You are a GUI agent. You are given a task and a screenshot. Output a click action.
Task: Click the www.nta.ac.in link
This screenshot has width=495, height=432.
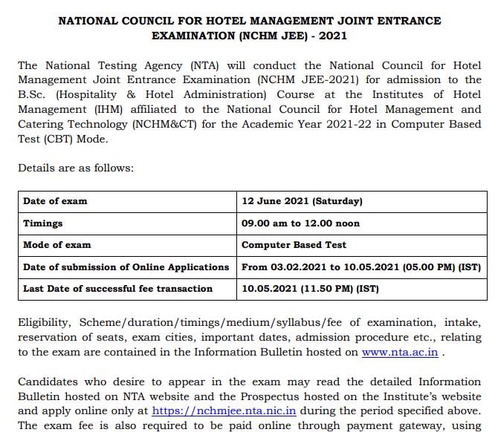(x=400, y=352)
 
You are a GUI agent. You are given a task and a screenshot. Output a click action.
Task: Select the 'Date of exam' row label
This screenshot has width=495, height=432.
(x=55, y=201)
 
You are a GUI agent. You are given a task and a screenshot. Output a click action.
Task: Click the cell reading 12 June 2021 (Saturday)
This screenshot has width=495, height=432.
(x=302, y=201)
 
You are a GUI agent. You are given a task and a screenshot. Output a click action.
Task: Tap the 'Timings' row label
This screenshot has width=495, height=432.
(x=43, y=223)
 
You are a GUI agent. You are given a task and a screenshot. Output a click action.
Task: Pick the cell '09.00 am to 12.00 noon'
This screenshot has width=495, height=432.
(x=300, y=223)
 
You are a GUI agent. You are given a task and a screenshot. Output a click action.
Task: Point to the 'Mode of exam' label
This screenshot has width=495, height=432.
(x=57, y=244)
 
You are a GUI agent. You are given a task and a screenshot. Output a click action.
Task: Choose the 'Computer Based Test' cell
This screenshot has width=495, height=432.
(x=294, y=244)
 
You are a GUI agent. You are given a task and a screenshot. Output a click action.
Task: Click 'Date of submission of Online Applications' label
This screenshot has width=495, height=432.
(x=126, y=266)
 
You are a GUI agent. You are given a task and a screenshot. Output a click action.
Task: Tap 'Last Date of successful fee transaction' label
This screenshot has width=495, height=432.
(x=117, y=288)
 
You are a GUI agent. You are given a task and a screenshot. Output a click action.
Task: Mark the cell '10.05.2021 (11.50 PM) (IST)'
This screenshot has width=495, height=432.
(x=310, y=288)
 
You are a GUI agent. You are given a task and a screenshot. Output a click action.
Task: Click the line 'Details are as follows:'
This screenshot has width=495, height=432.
(x=76, y=168)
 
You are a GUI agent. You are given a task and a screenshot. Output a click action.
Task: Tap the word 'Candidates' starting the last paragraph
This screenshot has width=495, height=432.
(x=49, y=381)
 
